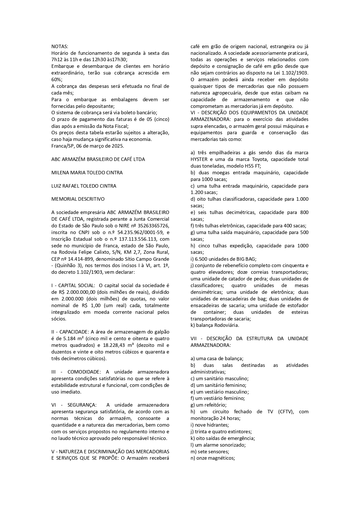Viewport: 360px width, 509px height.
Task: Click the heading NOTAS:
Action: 60,46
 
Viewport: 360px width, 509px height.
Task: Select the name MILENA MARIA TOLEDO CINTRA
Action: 87,173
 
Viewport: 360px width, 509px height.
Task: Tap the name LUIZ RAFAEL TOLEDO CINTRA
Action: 84,186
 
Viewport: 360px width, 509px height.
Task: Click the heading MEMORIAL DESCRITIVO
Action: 78,199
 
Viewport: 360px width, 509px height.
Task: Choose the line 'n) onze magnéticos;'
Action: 212,458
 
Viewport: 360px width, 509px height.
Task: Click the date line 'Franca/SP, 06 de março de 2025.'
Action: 87,146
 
